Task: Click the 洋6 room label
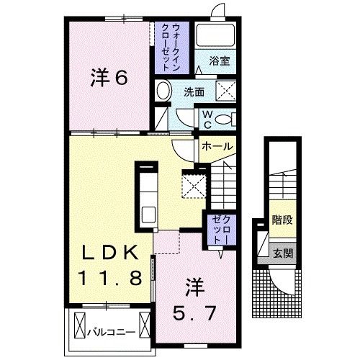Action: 109,78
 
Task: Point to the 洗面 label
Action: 193,92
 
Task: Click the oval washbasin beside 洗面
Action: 163,91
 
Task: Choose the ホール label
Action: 216,146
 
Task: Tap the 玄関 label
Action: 282,253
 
